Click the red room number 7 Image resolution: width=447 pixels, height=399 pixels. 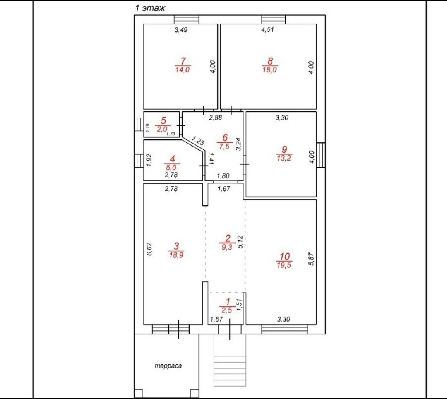point(183,61)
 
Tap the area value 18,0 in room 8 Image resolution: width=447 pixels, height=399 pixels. point(269,70)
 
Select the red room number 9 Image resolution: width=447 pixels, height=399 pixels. point(284,149)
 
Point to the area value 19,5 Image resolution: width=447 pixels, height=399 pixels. point(284,265)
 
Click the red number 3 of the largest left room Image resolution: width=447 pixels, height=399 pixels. point(176,246)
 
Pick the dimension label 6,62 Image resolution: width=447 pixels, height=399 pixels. point(150,249)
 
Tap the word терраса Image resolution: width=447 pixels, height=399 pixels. point(168,365)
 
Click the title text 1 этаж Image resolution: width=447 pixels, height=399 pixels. point(150,8)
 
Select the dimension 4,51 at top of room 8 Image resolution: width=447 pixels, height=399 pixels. point(268,30)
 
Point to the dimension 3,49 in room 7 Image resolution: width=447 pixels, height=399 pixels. point(181,30)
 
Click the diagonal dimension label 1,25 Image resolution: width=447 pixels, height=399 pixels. point(198,141)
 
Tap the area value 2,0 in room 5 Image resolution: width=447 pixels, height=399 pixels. point(162,130)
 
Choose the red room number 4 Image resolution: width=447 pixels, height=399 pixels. point(172,159)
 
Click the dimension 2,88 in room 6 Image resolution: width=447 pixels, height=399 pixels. point(216,118)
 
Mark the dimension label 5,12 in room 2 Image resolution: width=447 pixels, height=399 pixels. point(240,242)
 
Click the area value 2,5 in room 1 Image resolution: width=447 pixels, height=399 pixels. point(227,310)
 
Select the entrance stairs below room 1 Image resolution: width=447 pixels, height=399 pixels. point(230,360)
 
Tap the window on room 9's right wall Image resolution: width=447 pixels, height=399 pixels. point(321,155)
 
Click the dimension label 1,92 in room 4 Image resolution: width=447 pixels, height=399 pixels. point(148,160)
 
